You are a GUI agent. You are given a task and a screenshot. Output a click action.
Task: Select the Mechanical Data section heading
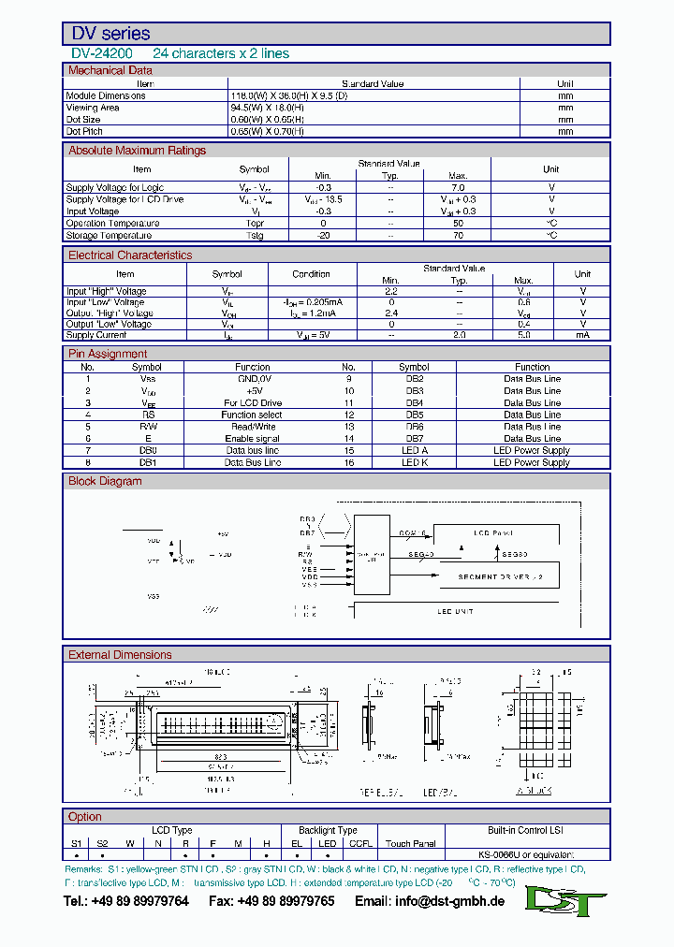pos(110,70)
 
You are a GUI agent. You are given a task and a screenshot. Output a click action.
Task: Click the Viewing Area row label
pos(93,108)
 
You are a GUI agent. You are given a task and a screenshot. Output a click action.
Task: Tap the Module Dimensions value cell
pos(288,95)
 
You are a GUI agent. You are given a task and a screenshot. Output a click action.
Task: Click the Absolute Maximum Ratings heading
pos(137,151)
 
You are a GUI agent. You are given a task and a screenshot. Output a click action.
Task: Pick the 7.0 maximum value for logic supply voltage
pos(458,188)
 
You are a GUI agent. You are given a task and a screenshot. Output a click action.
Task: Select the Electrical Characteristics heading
pos(130,255)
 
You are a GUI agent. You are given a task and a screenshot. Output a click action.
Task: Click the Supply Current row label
pos(95,335)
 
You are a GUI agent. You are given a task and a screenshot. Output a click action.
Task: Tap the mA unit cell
pos(582,335)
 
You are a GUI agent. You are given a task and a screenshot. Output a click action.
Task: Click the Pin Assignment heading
pos(108,354)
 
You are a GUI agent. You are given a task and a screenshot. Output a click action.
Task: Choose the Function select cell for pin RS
pos(252,415)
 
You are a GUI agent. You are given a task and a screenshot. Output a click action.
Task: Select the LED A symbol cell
pos(414,450)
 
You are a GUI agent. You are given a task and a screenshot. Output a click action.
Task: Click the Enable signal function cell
pos(252,438)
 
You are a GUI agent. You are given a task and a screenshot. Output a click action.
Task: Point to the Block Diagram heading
pos(105,481)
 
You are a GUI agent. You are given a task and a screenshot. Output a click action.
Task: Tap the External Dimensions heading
pos(120,655)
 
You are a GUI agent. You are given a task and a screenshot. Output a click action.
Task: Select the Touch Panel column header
pos(411,843)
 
